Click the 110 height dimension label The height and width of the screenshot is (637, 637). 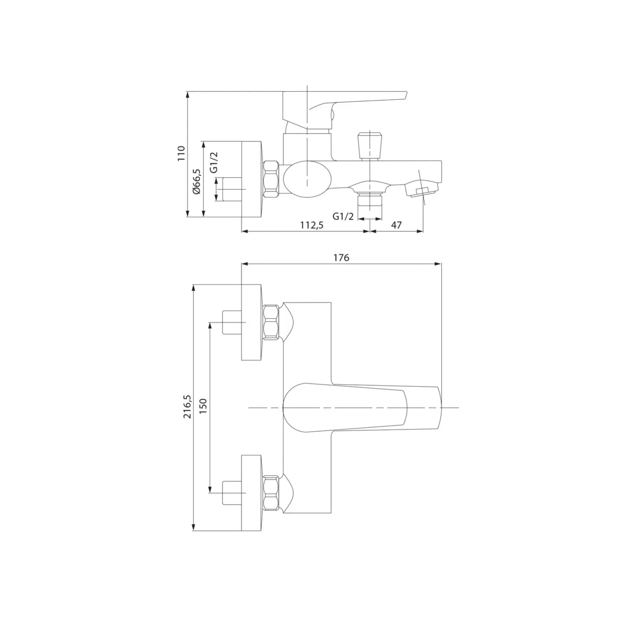181,153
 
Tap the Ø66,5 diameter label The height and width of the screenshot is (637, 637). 197,181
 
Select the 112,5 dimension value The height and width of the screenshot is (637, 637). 312,225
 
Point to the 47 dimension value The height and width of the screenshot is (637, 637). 396,225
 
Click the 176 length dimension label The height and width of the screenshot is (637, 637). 341,258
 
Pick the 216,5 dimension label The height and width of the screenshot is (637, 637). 187,406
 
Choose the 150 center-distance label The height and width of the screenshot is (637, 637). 203,406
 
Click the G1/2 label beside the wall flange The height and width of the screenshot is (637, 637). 214,162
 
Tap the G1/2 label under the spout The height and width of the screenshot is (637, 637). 343,216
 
